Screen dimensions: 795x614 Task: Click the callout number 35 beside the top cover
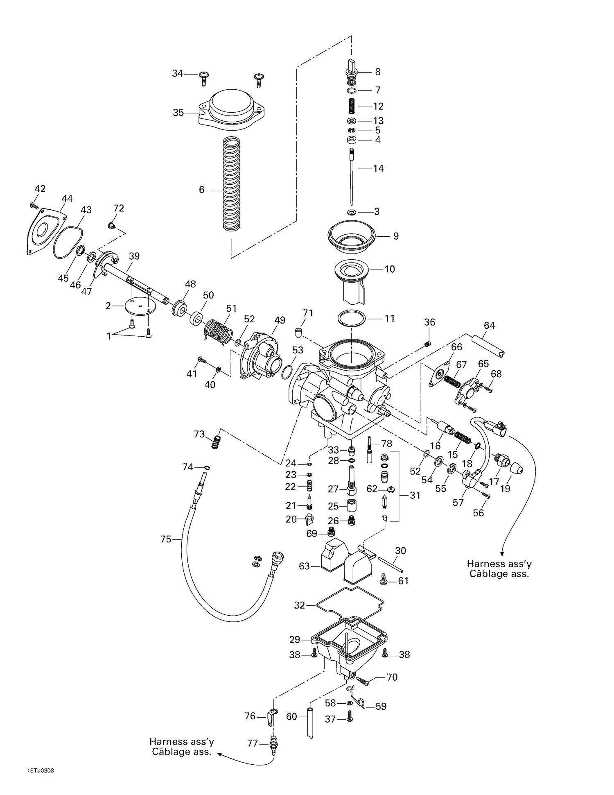(x=178, y=113)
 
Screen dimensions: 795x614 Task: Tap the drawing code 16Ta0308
(x=41, y=770)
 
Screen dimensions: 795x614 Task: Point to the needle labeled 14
(x=351, y=176)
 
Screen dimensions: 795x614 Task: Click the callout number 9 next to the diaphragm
(x=395, y=236)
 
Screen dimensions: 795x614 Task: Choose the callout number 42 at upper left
(x=40, y=189)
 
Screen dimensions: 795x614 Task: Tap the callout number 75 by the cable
(x=166, y=539)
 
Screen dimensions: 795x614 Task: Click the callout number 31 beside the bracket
(x=415, y=496)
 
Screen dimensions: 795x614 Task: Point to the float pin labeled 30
(x=391, y=564)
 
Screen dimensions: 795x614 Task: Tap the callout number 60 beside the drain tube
(x=291, y=716)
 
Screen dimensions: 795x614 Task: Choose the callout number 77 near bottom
(x=253, y=743)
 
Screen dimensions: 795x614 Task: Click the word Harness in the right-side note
(x=485, y=564)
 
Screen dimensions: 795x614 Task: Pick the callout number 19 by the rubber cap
(x=505, y=489)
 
